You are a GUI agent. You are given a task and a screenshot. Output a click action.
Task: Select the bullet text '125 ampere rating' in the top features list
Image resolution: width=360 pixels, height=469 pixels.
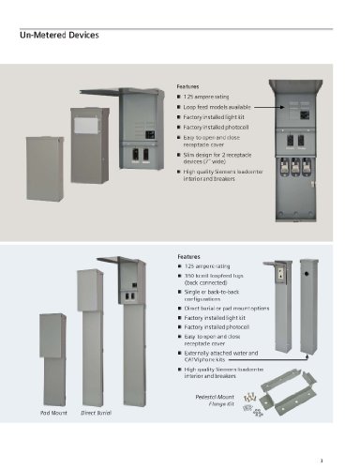pyautogui.click(x=206, y=98)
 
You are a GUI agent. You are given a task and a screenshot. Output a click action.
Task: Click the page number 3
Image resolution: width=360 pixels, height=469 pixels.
pyautogui.click(x=321, y=459)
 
